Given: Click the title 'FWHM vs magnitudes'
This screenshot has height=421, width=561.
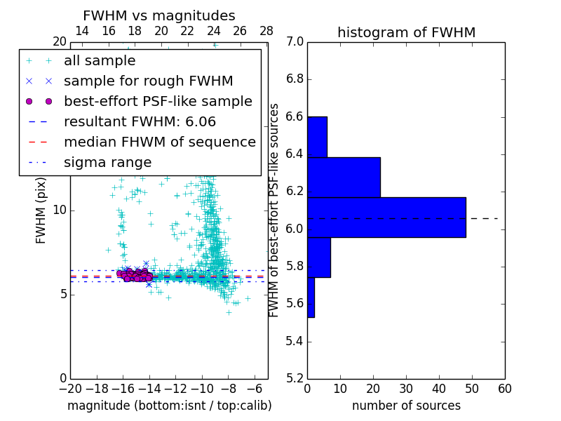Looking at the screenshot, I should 159,15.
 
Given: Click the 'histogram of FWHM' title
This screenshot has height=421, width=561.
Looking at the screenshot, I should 406,32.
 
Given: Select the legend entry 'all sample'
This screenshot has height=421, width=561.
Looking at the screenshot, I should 100,61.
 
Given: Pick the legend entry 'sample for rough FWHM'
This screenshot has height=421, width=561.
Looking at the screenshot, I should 148,81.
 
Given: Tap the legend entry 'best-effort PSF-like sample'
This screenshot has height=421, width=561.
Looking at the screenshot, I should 158,102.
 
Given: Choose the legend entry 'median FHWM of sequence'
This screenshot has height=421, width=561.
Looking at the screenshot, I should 159,142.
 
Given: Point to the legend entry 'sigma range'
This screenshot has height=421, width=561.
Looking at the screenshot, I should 107,163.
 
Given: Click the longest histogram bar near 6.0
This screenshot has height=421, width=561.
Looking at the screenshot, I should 386,218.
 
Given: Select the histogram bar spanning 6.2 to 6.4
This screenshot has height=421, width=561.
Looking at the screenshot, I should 344,178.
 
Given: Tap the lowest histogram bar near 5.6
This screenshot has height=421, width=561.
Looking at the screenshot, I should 311,298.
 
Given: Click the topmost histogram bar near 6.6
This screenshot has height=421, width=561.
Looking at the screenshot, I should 317,137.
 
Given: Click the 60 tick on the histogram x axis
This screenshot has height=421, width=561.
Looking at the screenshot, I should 504,389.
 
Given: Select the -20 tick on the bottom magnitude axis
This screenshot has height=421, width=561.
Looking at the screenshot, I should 70,389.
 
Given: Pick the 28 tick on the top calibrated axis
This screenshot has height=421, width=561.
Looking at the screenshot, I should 266,31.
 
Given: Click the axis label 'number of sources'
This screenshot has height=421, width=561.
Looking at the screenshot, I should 406,406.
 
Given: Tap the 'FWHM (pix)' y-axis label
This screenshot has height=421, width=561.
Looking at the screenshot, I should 41,211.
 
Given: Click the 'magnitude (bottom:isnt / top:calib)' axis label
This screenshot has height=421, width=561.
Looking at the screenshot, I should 169,406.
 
